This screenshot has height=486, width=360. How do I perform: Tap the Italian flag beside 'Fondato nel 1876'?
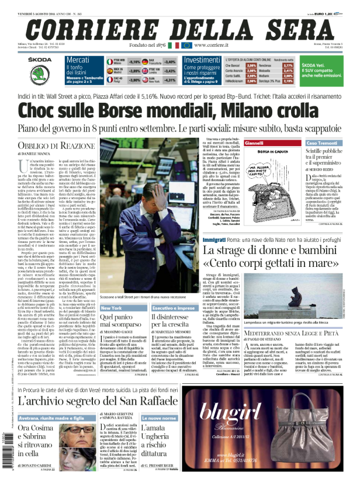coord(173,45)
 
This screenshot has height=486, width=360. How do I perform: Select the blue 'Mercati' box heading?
coord(78,60)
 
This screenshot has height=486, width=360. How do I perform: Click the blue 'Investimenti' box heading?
coord(201,60)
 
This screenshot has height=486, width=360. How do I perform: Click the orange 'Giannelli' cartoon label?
coord(255,143)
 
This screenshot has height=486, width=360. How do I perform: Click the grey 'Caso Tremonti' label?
coord(321,143)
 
